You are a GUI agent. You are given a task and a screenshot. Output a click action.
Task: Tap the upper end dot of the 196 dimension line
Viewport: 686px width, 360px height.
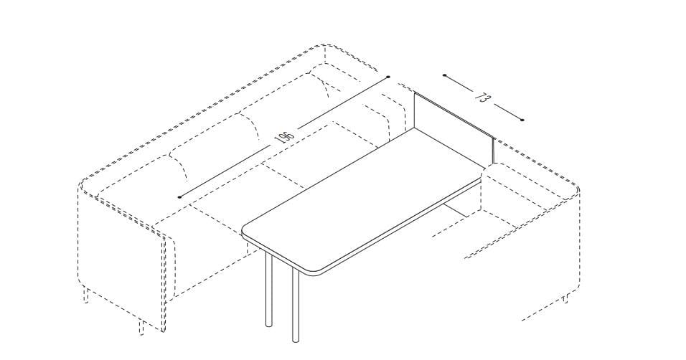388,77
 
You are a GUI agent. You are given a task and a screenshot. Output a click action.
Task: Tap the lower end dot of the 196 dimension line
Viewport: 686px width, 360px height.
179,197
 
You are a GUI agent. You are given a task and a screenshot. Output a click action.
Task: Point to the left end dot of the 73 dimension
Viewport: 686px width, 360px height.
444,75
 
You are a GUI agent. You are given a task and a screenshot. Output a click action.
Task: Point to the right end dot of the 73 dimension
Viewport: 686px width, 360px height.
522,120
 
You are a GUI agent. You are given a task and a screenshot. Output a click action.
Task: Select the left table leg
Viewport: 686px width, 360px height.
268,289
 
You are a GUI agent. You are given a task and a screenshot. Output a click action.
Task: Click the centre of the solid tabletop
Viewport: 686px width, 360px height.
363,202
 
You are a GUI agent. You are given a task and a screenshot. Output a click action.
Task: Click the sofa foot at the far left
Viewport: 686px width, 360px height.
86,295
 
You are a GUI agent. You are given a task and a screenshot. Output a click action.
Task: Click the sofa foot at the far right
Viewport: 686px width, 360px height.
567,299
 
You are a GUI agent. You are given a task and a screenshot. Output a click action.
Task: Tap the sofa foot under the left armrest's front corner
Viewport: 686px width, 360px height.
141,328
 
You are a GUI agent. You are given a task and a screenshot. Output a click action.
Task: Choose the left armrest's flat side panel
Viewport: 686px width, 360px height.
123,254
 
